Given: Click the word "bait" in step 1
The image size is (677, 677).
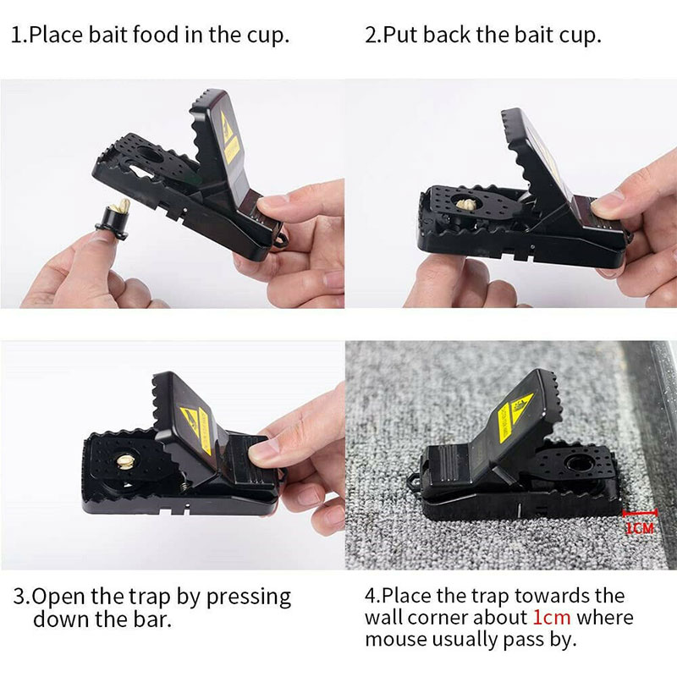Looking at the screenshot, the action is (108, 35).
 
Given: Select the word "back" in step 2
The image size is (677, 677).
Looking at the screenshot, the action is (447, 35).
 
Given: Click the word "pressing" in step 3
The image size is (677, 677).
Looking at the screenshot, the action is (248, 598).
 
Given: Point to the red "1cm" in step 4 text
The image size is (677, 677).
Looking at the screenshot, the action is (552, 617).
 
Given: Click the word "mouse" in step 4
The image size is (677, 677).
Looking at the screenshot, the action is (396, 640).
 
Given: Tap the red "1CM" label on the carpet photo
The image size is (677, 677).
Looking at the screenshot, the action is (640, 527).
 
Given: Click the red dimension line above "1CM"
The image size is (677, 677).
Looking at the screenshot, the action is (640, 513).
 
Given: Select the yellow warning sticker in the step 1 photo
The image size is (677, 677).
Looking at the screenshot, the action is (229, 138).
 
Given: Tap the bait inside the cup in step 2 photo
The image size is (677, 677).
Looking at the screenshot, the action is (465, 204).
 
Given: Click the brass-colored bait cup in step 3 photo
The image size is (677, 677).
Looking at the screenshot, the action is (125, 461).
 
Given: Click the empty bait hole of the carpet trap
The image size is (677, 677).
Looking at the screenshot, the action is (580, 464).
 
